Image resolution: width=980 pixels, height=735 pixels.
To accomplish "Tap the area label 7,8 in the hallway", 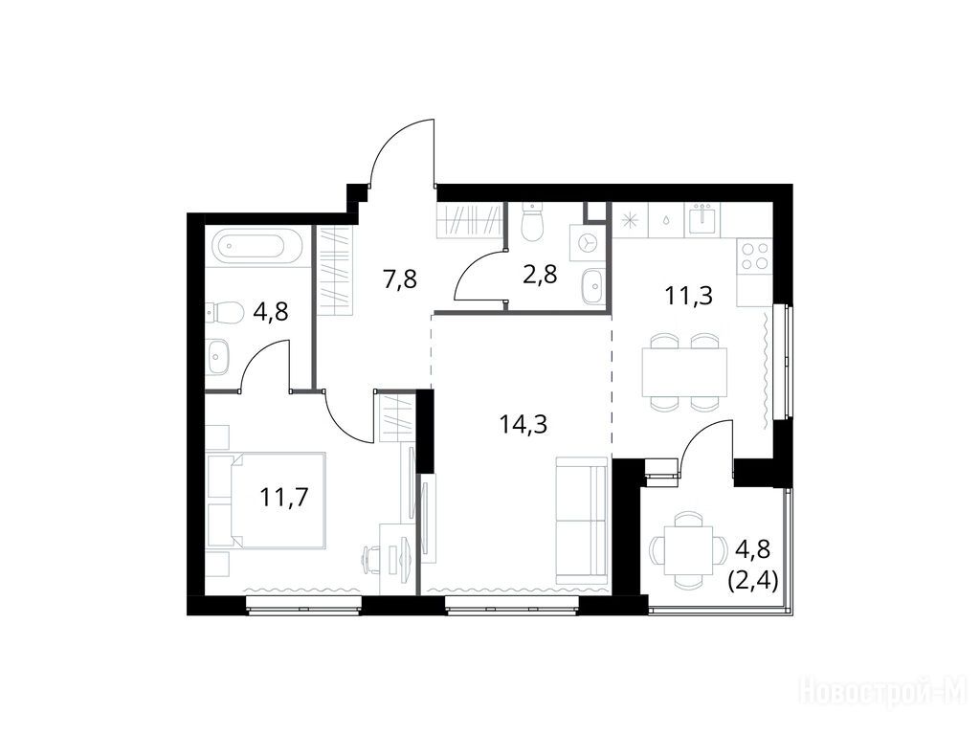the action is tap(399, 279).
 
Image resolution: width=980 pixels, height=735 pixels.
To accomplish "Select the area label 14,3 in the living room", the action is tap(523, 424).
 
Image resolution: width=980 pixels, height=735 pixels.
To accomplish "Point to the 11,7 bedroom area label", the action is tap(283, 498).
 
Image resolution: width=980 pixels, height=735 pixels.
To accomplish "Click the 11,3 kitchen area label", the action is tap(689, 295).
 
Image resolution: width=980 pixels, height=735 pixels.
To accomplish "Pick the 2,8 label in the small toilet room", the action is tap(540, 275).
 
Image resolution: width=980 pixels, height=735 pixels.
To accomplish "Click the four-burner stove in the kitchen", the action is tap(754, 256).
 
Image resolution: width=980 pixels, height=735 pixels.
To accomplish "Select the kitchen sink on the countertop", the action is tap(703, 219).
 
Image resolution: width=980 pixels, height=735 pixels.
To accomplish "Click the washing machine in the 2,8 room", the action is tap(587, 243).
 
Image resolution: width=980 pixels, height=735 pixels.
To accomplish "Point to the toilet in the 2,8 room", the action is tap(532, 224).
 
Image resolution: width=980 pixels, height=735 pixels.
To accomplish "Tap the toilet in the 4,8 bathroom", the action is tap(225, 313).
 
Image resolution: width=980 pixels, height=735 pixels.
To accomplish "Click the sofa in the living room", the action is tap(582, 520).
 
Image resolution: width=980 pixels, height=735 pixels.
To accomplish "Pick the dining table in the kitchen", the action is tap(684, 372).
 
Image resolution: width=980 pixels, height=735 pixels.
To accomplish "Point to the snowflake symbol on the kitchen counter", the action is tap(630, 221).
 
